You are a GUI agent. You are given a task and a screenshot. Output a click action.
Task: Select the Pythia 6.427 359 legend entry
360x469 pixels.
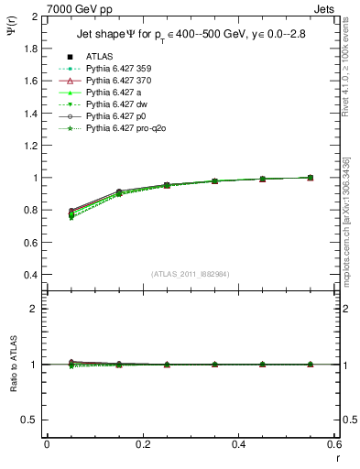click(116, 69)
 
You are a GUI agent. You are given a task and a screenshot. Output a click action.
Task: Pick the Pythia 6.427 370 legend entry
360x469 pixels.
click(116, 81)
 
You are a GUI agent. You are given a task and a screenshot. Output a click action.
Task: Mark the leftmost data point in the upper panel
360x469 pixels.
click(71, 213)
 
